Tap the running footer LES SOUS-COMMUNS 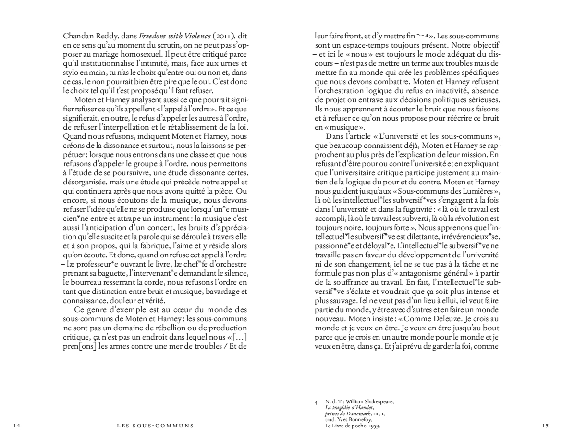pyautogui.click(x=155, y=425)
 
